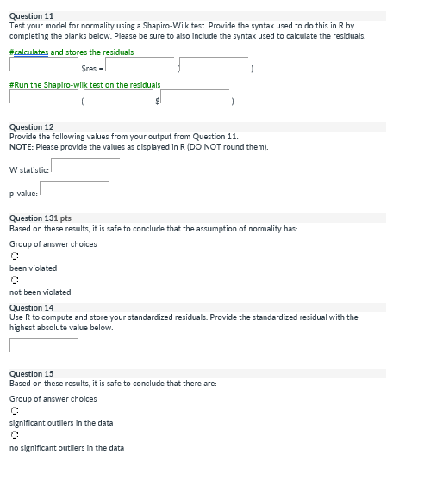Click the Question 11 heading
click(x=31, y=15)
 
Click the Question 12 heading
click(x=31, y=126)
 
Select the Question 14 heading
click(x=31, y=307)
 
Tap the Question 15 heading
click(x=31, y=374)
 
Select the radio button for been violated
click(x=14, y=255)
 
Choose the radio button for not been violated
click(x=14, y=280)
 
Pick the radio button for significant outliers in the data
click(x=14, y=410)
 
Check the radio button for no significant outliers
click(x=14, y=435)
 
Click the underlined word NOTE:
click(x=21, y=146)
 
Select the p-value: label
click(x=22, y=193)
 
